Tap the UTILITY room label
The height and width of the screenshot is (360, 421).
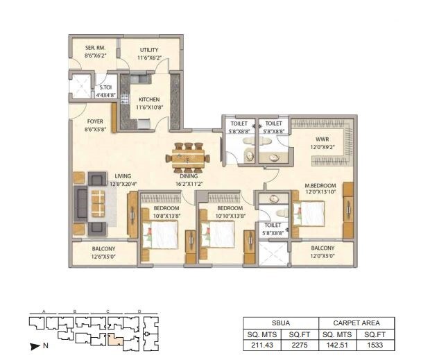(148, 50)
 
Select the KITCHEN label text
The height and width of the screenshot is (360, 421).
(149, 99)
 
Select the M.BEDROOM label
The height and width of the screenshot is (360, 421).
(322, 185)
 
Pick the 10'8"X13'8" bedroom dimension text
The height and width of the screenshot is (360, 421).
(166, 216)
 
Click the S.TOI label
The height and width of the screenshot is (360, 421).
(106, 88)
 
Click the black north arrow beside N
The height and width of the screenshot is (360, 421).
(33, 344)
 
